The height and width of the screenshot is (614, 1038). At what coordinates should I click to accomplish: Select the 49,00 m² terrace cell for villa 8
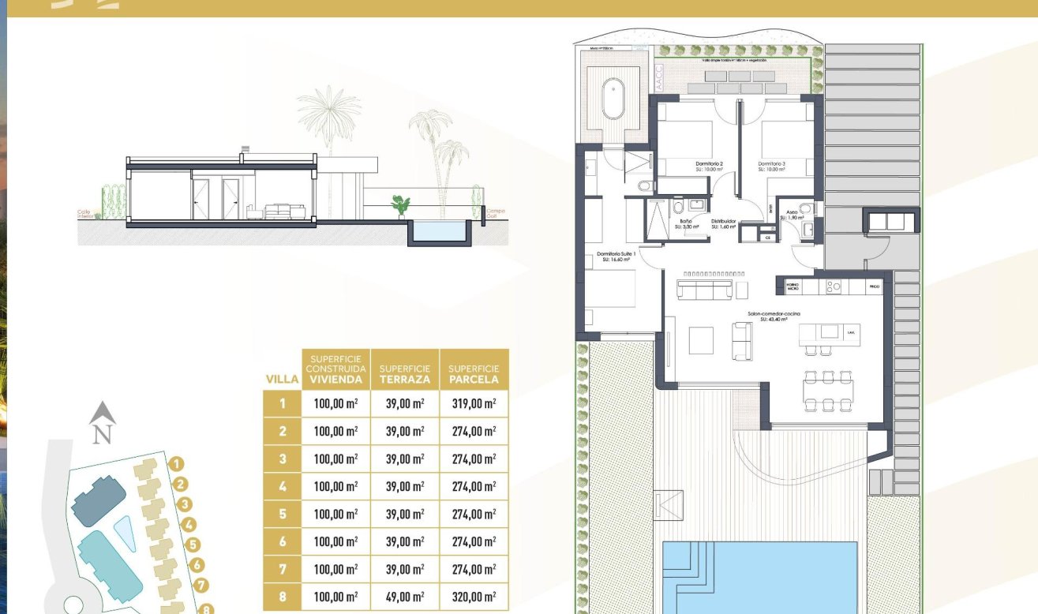pos(405,597)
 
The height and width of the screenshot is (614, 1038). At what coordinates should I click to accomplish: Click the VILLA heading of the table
pos(282,380)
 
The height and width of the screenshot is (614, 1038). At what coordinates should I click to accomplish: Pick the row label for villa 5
pos(282,514)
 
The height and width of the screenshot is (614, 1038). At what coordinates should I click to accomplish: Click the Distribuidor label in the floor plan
pos(723,223)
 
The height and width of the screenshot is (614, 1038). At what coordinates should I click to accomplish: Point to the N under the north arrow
pos(102,434)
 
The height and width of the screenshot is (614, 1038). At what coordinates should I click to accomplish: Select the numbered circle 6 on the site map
pos(198,565)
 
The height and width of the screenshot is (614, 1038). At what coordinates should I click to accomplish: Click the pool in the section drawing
pos(440,231)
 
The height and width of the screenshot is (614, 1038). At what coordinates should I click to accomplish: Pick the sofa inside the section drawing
pos(283,212)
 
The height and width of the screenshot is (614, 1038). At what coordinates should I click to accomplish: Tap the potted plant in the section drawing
pos(400,206)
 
